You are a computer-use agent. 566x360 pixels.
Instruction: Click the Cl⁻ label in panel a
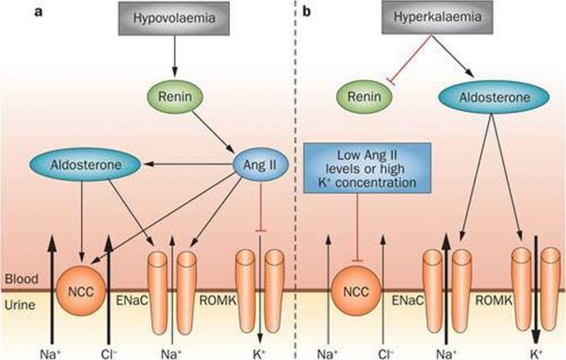109,350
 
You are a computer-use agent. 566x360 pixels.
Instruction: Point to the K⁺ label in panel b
535,350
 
